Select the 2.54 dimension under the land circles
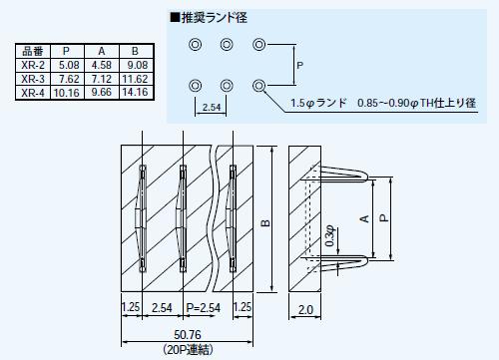click(211, 106)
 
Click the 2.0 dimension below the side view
click(306, 309)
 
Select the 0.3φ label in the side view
click(331, 240)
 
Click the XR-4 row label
click(32, 93)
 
